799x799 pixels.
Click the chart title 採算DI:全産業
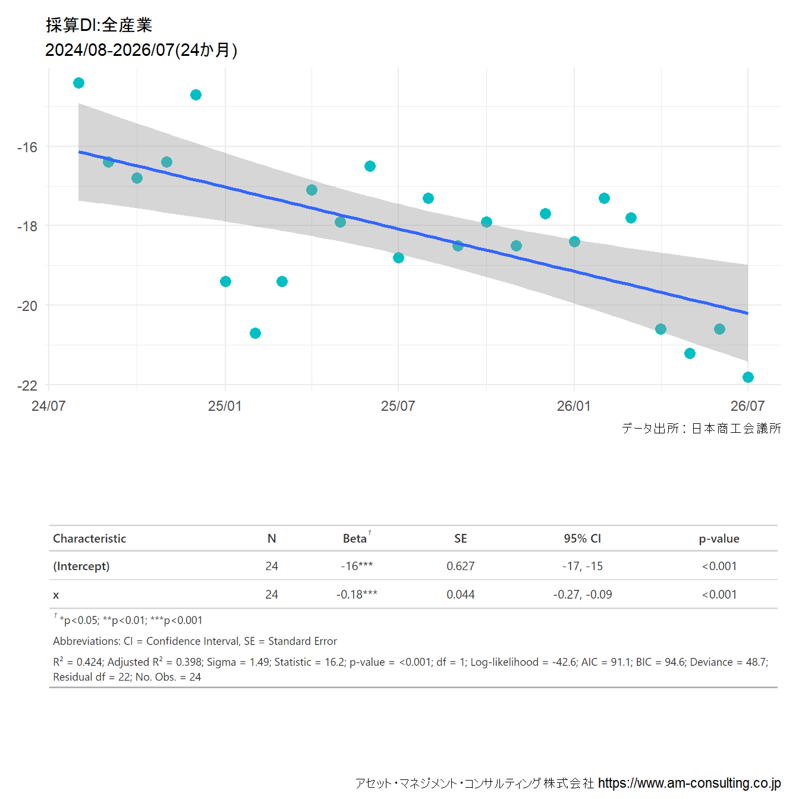coord(99,25)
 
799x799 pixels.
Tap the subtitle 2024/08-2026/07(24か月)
coord(141,50)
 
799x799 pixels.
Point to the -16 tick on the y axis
coord(27,147)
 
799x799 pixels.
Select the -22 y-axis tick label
coord(27,386)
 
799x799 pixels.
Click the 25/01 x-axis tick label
coord(225,405)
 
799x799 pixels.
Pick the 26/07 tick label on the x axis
coord(747,405)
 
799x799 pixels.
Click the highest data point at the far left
coord(79,83)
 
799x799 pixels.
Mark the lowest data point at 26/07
coord(748,377)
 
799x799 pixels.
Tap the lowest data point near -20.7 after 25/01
coord(256,333)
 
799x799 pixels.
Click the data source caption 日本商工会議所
coord(736,428)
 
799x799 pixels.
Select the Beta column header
coord(354,538)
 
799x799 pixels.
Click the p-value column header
coord(719,539)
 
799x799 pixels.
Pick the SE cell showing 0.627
coord(460,566)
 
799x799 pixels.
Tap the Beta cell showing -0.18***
coord(357,594)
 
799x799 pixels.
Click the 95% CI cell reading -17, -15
coord(582,566)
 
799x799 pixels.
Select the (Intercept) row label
coord(81,566)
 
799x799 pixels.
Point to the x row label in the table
coord(56,595)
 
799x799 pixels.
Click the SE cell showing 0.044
coord(460,594)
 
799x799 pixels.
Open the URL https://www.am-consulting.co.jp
coord(689,783)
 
